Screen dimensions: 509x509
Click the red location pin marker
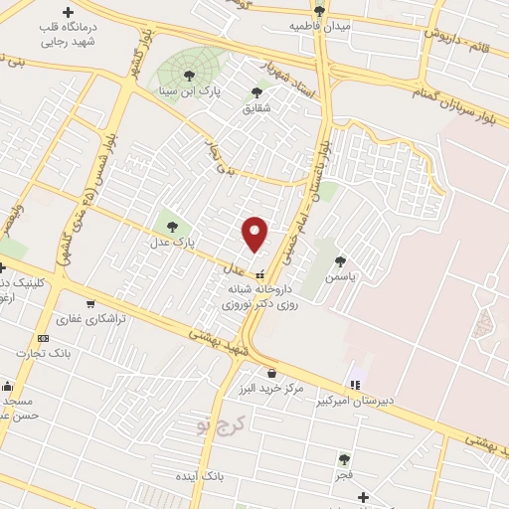pos(255,233)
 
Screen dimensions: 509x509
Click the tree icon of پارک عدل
pos(173,226)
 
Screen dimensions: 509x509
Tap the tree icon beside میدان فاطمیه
pos(318,11)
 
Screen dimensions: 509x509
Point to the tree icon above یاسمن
pos(340,260)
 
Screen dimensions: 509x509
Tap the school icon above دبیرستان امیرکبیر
pos(354,385)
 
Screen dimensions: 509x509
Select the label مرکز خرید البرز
pos(272,388)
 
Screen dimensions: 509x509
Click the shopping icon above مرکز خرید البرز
pos(271,373)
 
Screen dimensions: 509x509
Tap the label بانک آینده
pos(224,477)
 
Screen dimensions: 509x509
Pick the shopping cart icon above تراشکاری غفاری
pos(90,304)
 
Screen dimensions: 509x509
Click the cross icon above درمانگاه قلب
pos(67,12)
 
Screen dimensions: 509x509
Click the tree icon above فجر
pos(344,459)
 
